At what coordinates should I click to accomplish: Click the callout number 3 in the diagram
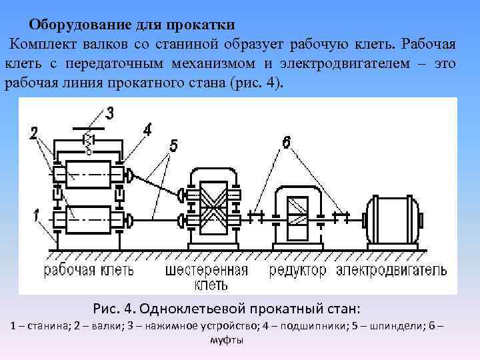(x=109, y=112)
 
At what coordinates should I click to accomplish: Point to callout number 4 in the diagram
(x=147, y=127)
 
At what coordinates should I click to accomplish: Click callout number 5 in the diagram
(x=173, y=145)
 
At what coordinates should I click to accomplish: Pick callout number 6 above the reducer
(x=286, y=141)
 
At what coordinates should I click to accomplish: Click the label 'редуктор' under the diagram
(x=298, y=271)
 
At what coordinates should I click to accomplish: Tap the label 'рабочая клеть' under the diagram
(x=89, y=271)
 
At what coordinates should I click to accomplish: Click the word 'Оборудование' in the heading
(x=74, y=25)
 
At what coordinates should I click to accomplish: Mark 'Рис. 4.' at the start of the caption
(x=115, y=309)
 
